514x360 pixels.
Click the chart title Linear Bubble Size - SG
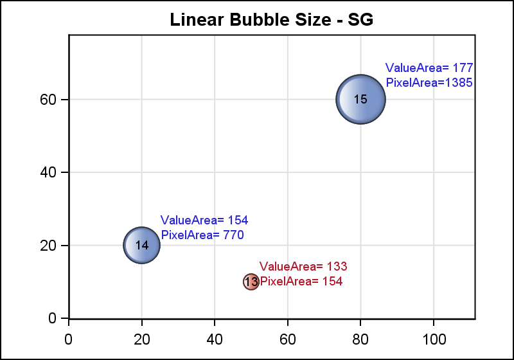271,20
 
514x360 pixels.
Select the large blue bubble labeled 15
360,99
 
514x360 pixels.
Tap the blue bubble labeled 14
142,245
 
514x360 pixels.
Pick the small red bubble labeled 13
251,282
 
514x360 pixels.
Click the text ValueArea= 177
429,67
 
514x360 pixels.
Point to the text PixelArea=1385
429,82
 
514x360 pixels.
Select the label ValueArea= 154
204,220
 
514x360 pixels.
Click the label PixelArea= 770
202,235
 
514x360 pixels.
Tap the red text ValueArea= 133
303,266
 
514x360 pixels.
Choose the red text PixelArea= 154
301,281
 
